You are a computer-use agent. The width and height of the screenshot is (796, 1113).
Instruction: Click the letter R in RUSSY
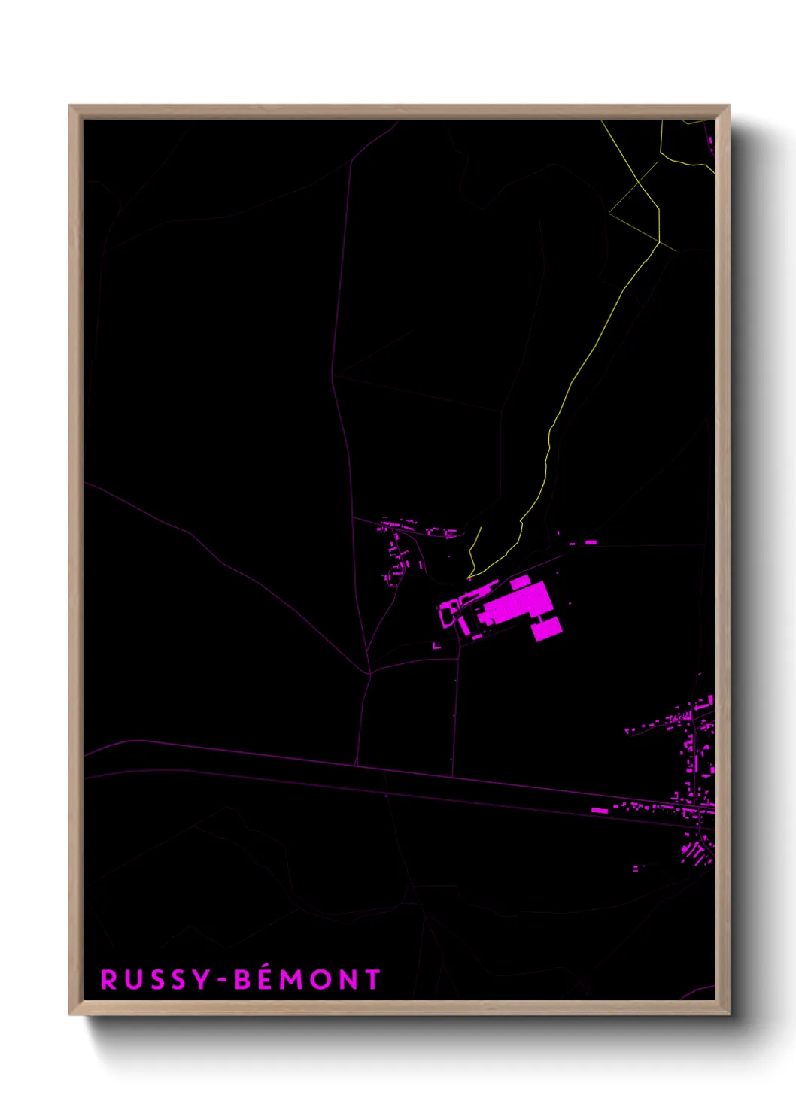pos(110,979)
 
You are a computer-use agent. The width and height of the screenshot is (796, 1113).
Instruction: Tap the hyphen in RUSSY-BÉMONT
pos(222,981)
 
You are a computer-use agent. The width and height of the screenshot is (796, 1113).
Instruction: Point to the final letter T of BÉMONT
pos(372,979)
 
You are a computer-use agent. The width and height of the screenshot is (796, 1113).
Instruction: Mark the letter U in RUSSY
pos(133,979)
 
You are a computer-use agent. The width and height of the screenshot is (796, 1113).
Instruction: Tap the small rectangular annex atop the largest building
pos(520,581)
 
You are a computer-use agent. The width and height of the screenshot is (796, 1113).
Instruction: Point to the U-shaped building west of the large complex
pos(448,612)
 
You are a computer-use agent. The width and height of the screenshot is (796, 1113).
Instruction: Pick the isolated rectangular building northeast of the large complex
pos(591,541)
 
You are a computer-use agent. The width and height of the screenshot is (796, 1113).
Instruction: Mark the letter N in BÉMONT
pos(347,979)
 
